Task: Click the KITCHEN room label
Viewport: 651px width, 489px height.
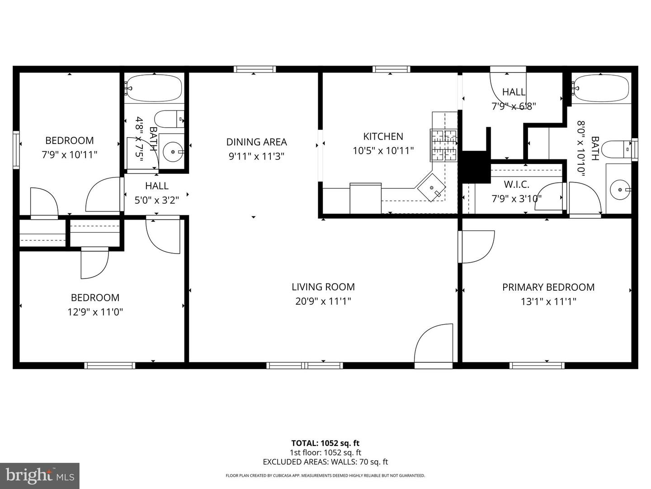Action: tap(383, 136)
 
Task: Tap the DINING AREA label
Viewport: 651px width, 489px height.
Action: tap(256, 142)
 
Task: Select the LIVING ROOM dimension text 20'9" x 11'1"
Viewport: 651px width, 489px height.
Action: tap(323, 301)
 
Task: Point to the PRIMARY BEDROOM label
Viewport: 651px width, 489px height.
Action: tap(548, 287)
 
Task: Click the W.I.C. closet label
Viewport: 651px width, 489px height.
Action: tap(516, 184)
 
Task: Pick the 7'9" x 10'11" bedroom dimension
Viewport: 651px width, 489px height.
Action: tap(69, 155)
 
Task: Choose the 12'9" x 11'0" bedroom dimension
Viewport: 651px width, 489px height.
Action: tap(95, 312)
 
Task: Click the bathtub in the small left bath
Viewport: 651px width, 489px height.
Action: tap(154, 88)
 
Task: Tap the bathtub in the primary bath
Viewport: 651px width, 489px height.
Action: tap(601, 88)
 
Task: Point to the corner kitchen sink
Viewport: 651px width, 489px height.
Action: tap(431, 187)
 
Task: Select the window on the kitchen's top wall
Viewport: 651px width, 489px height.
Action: tap(392, 69)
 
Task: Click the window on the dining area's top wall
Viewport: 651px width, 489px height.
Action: tap(255, 69)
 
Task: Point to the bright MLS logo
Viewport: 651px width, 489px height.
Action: tap(40, 475)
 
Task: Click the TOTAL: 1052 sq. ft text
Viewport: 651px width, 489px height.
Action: tap(325, 443)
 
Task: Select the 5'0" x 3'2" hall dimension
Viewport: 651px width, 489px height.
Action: tap(157, 200)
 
